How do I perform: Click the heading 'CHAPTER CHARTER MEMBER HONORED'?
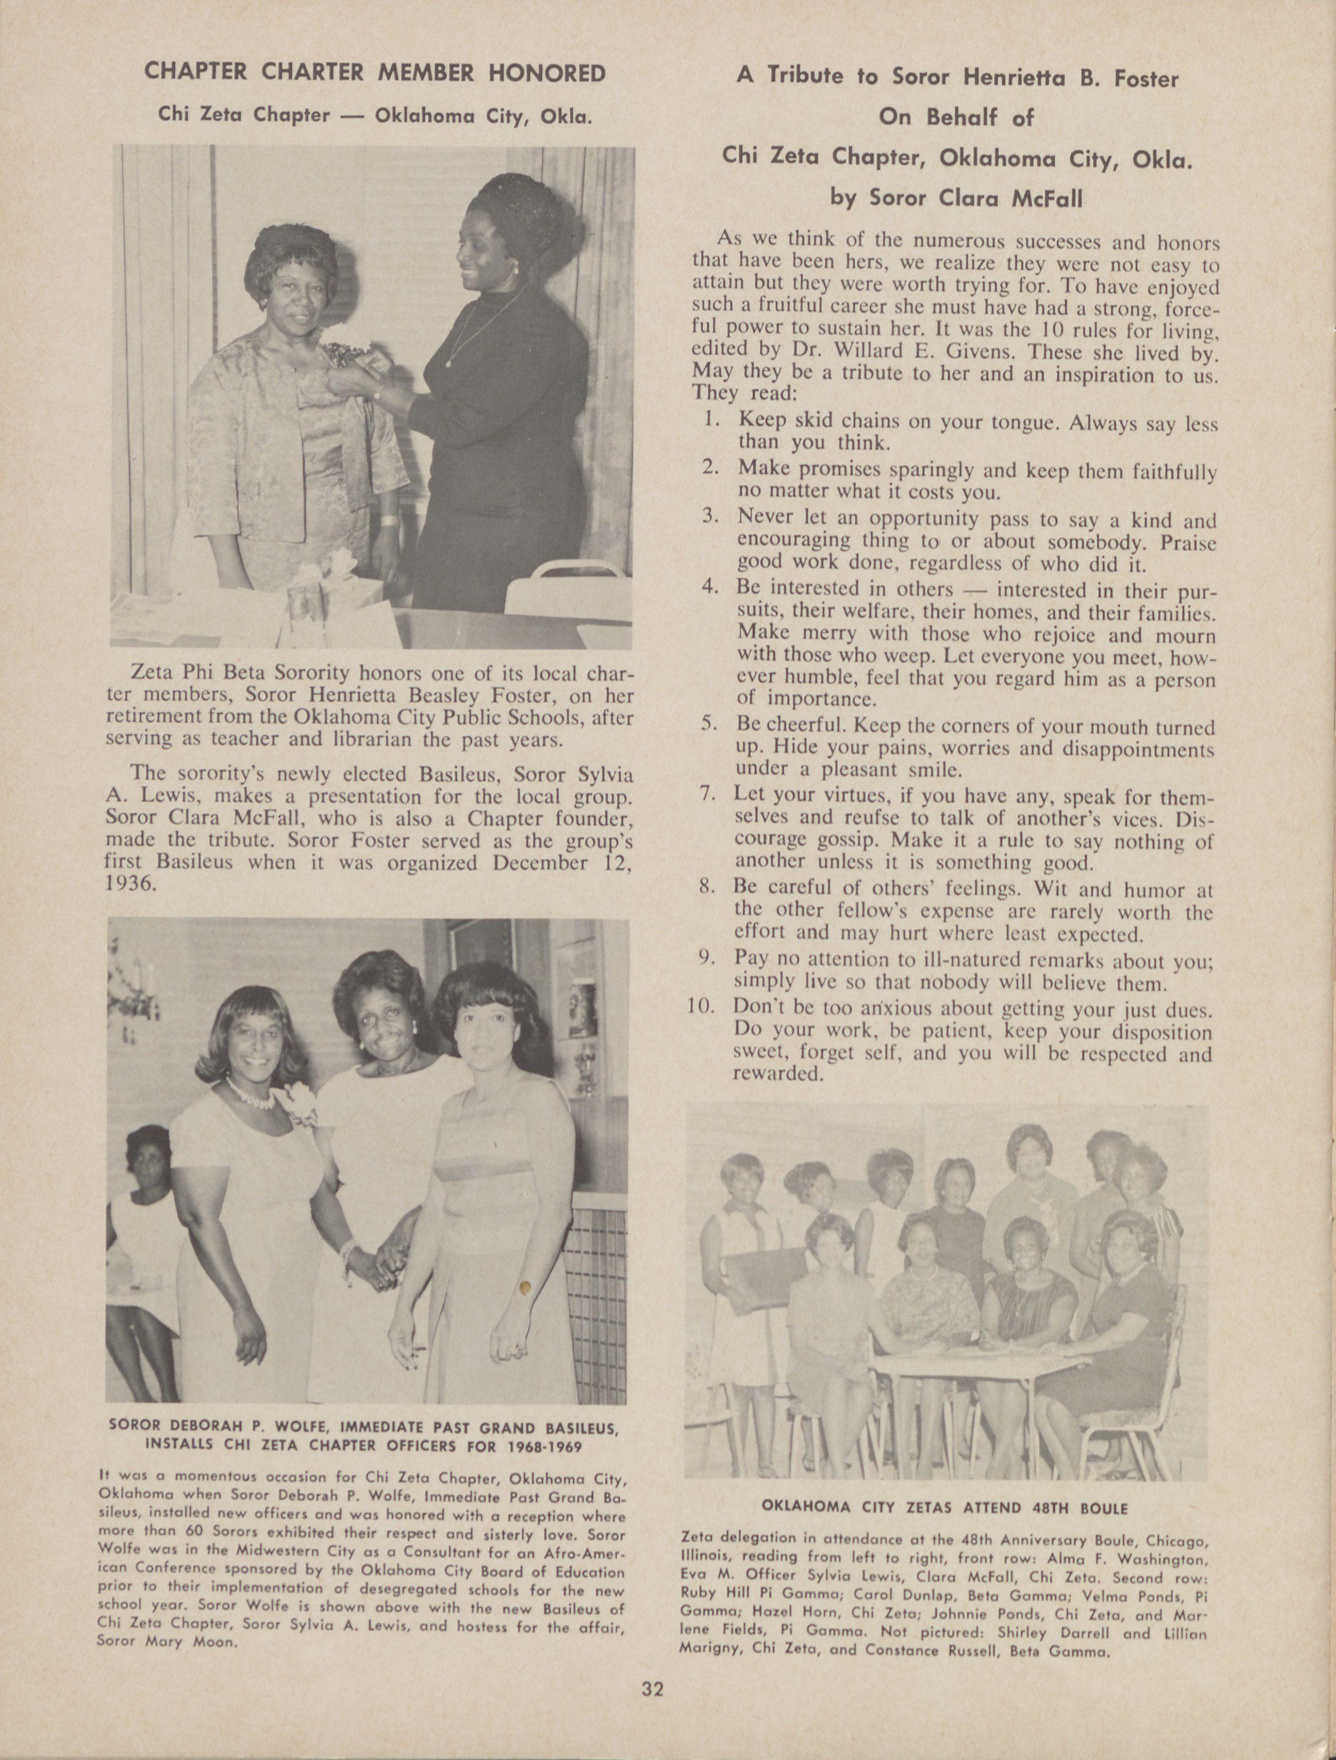pos(374,73)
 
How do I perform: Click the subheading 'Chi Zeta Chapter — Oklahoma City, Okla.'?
pos(374,115)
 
